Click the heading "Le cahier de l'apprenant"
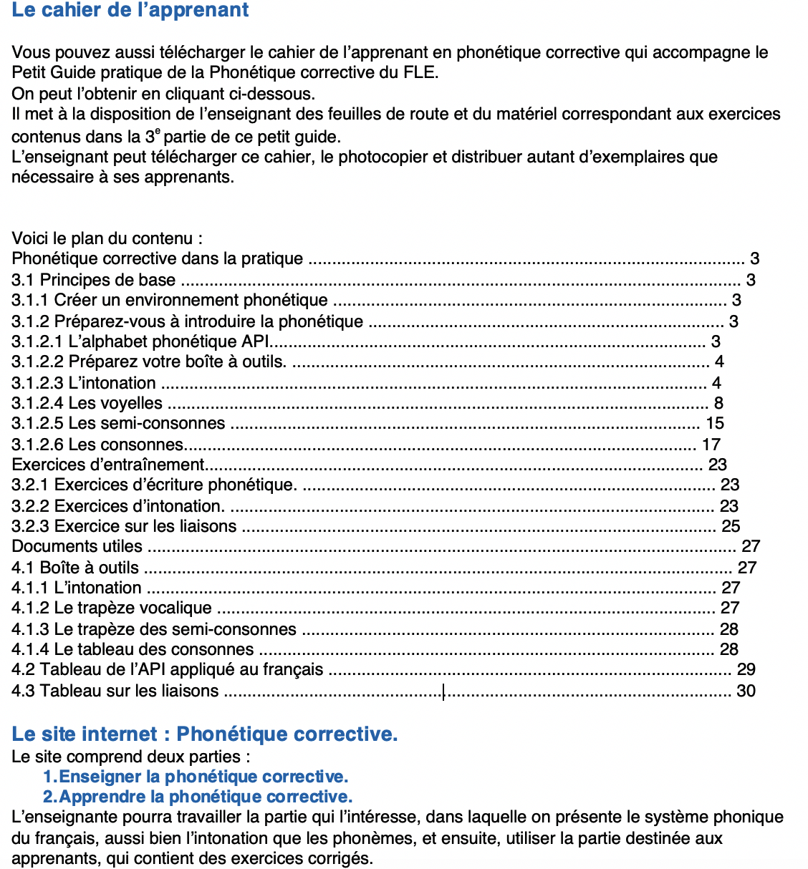(130, 11)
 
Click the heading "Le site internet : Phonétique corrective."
(204, 734)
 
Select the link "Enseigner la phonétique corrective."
(203, 777)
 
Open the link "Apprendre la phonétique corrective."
(206, 797)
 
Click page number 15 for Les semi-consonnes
(715, 423)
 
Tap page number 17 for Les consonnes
(711, 445)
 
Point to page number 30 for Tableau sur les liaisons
(746, 691)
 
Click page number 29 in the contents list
(746, 669)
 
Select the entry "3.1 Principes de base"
(93, 280)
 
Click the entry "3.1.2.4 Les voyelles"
(87, 403)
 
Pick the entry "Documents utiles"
(77, 546)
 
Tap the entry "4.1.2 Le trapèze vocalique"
(112, 608)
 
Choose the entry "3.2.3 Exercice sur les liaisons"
(124, 526)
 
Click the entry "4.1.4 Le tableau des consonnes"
(133, 649)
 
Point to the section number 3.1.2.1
(37, 341)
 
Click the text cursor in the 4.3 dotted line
(443, 691)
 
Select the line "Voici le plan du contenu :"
(107, 238)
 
